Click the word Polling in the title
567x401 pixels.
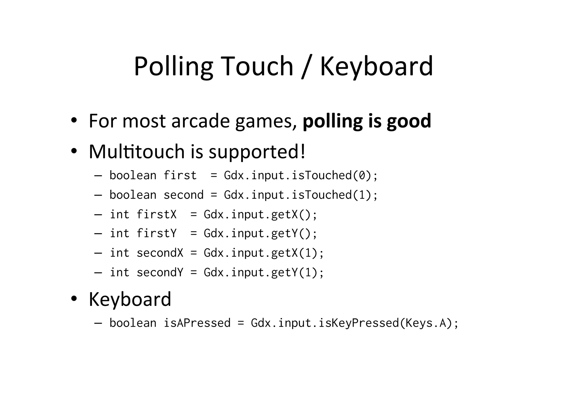click(x=173, y=67)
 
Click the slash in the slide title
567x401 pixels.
click(x=306, y=67)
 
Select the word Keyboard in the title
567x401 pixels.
click(x=376, y=67)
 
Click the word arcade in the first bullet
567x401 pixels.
click(x=200, y=121)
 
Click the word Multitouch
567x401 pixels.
click(x=137, y=152)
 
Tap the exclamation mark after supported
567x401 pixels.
click(x=303, y=152)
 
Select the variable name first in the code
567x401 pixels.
click(x=180, y=175)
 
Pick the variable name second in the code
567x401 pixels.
click(x=184, y=195)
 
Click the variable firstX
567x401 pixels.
click(x=156, y=214)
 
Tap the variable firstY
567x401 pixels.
click(x=156, y=233)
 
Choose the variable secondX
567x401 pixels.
click(x=160, y=253)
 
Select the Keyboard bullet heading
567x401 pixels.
click(x=130, y=299)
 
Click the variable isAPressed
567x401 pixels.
click(x=197, y=323)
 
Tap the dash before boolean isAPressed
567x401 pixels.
click(x=98, y=323)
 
